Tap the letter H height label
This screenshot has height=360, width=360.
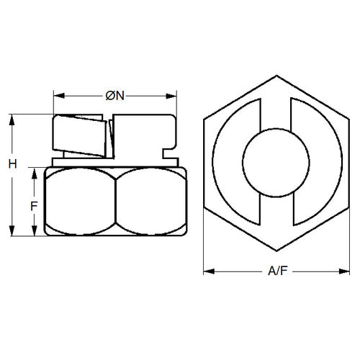(x=12, y=164)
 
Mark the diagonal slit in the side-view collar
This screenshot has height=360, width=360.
(x=111, y=138)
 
